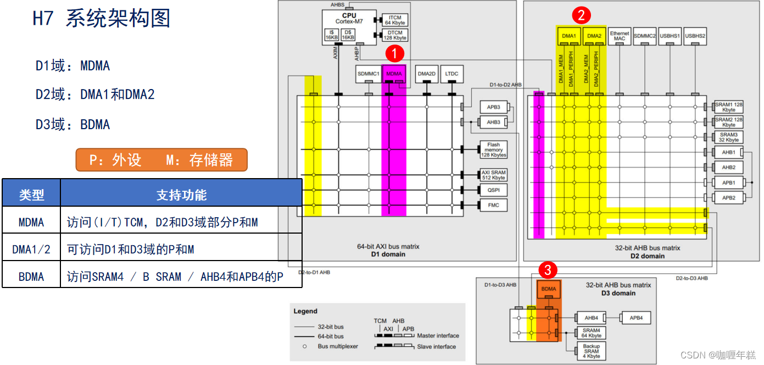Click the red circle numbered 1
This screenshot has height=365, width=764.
[395, 54]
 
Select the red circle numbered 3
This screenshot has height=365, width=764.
[548, 270]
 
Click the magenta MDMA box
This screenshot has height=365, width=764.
[394, 74]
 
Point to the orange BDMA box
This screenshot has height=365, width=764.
[549, 288]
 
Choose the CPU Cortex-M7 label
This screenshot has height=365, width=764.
[349, 19]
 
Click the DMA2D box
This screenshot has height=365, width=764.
[426, 74]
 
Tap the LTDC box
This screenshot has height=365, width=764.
[451, 74]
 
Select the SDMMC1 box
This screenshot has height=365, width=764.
[369, 74]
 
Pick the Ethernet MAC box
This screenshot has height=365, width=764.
[620, 36]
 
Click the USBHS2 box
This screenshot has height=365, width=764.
[695, 36]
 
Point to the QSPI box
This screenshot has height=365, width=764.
[493, 190]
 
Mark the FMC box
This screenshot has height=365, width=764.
[493, 205]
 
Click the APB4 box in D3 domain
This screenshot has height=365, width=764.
[636, 318]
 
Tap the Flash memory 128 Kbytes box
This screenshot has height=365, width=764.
[493, 150]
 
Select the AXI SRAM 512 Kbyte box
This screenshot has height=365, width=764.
[493, 175]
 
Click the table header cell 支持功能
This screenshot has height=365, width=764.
[181, 195]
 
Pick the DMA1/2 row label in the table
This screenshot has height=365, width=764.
[31, 250]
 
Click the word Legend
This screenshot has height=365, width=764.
[305, 311]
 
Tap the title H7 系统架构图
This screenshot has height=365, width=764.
[102, 19]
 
